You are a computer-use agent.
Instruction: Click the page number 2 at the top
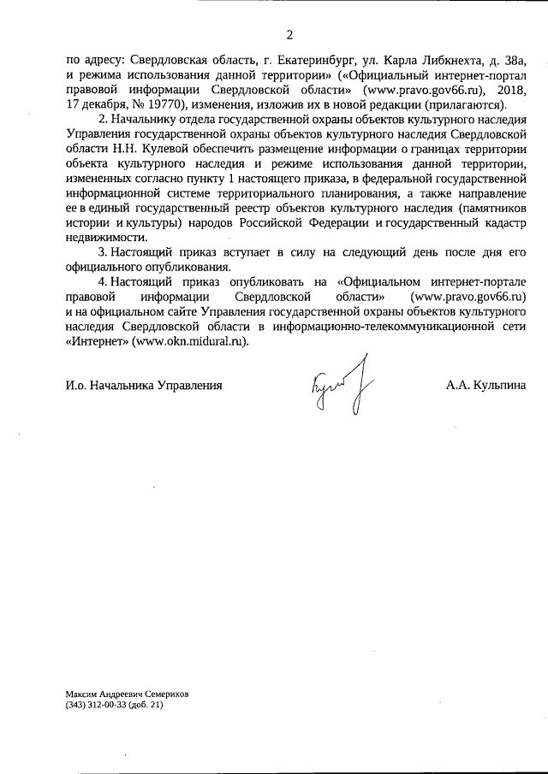(289, 35)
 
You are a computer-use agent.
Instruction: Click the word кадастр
(501, 224)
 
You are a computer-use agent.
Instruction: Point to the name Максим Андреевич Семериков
(127, 694)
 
